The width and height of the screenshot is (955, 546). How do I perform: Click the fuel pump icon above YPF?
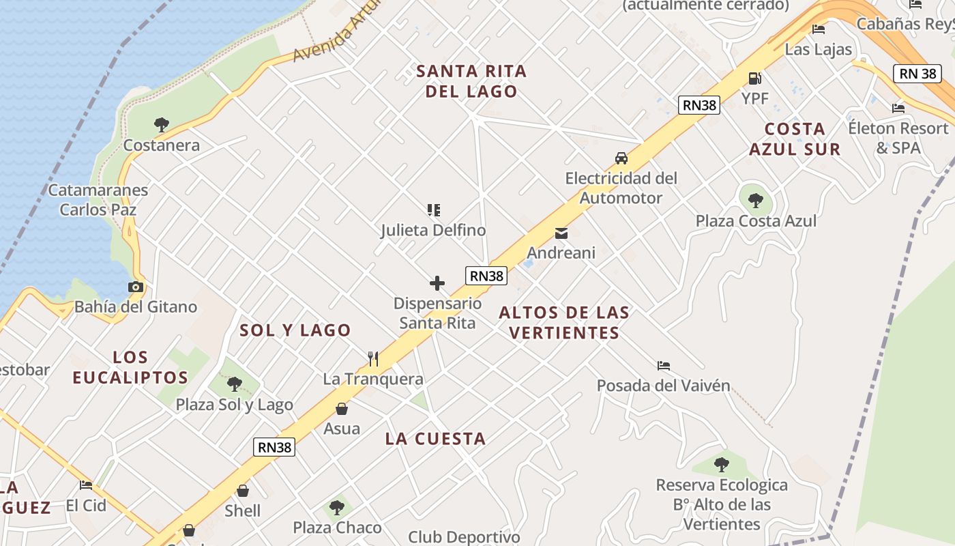pyautogui.click(x=754, y=78)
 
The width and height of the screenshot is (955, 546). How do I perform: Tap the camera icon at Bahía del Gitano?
pyautogui.click(x=136, y=287)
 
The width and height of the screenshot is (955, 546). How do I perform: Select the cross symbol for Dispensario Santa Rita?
pyautogui.click(x=437, y=283)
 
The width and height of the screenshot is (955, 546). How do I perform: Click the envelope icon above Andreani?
pyautogui.click(x=561, y=233)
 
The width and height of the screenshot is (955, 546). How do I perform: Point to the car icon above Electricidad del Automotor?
pyautogui.click(x=621, y=158)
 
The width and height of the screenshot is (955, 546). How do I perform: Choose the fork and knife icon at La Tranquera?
pyautogui.click(x=373, y=359)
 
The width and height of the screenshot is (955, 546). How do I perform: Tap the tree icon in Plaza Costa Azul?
pyautogui.click(x=755, y=201)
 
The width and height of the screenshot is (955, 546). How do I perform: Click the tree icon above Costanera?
pyautogui.click(x=162, y=125)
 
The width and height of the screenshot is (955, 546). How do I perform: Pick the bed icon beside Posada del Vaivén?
pyautogui.click(x=663, y=366)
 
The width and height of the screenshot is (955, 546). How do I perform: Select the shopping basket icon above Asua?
pyautogui.click(x=341, y=409)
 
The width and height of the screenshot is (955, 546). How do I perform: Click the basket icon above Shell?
pyautogui.click(x=242, y=491)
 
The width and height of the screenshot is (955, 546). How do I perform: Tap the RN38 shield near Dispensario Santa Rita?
pyautogui.click(x=486, y=276)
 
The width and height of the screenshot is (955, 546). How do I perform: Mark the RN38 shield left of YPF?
pyautogui.click(x=699, y=105)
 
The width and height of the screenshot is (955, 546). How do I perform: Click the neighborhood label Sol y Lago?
pyautogui.click(x=295, y=330)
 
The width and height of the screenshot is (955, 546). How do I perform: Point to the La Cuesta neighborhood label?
pyautogui.click(x=435, y=439)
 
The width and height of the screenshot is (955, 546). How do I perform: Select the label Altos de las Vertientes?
pyautogui.click(x=564, y=323)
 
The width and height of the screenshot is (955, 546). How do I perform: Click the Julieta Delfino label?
pyautogui.click(x=433, y=231)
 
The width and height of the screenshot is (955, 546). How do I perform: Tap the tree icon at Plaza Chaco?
pyautogui.click(x=336, y=508)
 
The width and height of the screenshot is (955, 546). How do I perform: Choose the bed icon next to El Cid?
pyautogui.click(x=86, y=485)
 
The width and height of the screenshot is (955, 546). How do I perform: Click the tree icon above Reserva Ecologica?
pyautogui.click(x=721, y=465)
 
